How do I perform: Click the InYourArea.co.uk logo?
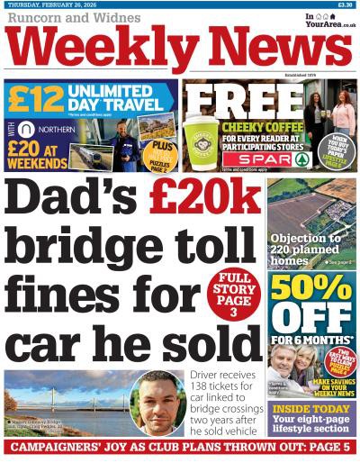329,20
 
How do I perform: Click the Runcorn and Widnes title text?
69,18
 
